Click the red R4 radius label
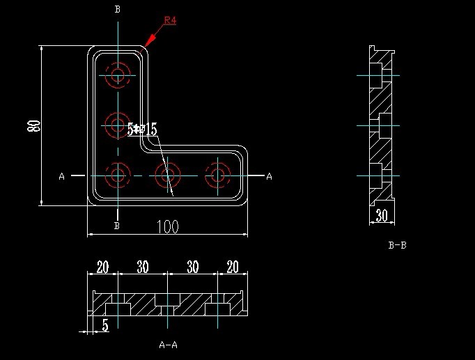(x=170, y=20)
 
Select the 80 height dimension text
(x=33, y=126)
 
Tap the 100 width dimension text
(x=167, y=226)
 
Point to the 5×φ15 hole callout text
(x=143, y=130)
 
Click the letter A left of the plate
(x=62, y=177)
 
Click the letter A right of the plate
(x=270, y=177)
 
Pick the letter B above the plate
(x=117, y=9)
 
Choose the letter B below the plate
(x=117, y=226)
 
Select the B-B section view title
(x=398, y=245)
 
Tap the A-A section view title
(x=168, y=344)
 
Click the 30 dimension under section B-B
(x=382, y=216)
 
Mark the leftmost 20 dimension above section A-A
(x=102, y=267)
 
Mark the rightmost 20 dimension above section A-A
(x=233, y=267)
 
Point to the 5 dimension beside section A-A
(x=105, y=324)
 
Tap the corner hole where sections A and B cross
(x=118, y=174)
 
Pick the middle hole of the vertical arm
(x=118, y=125)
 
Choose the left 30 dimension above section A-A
(x=142, y=267)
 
